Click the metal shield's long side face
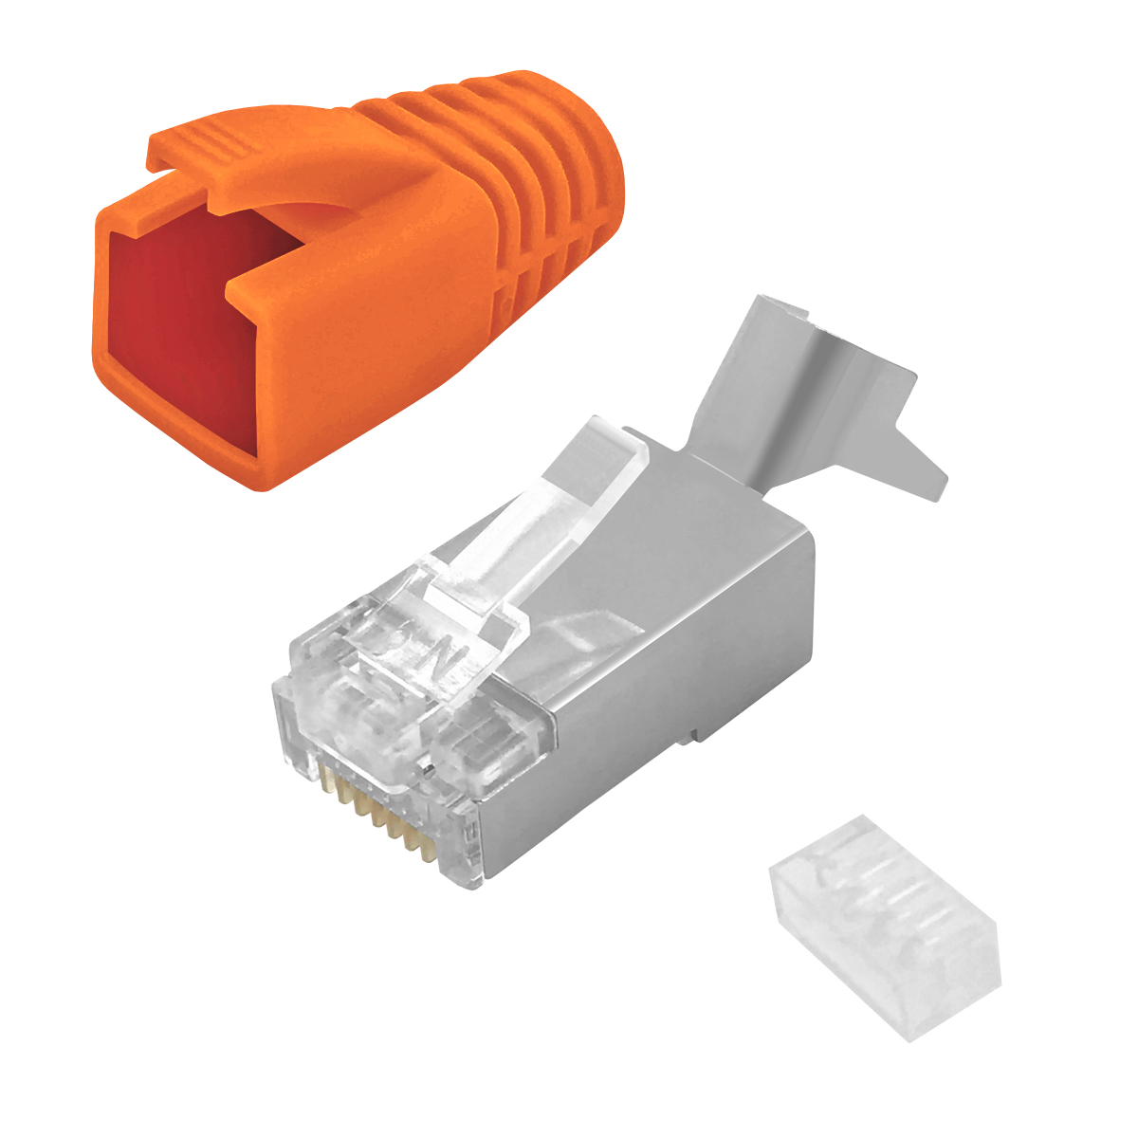click(x=654, y=664)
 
